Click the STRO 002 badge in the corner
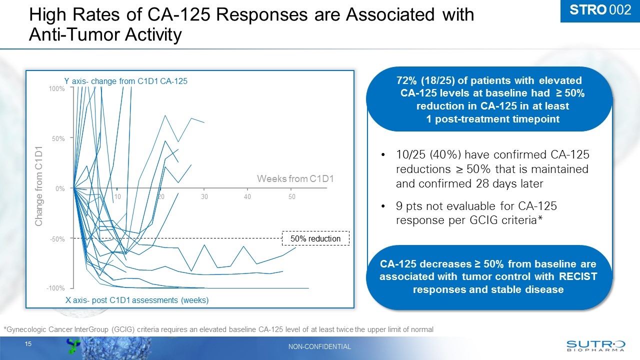tap(600, 10)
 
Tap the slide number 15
tap(28, 344)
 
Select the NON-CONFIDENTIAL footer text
tap(320, 346)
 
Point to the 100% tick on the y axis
tap(56, 88)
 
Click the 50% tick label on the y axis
tap(58, 138)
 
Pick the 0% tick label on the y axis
tap(60, 188)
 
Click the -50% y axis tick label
tap(57, 239)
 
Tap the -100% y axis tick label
tap(56, 289)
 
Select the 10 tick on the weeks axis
tap(117, 197)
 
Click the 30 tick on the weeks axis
tap(204, 197)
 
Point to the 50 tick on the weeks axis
tap(292, 197)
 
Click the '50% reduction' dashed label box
tap(316, 239)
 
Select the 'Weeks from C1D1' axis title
tap(294, 179)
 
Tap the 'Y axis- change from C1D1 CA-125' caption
tap(125, 81)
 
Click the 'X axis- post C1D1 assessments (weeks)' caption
tap(137, 300)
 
